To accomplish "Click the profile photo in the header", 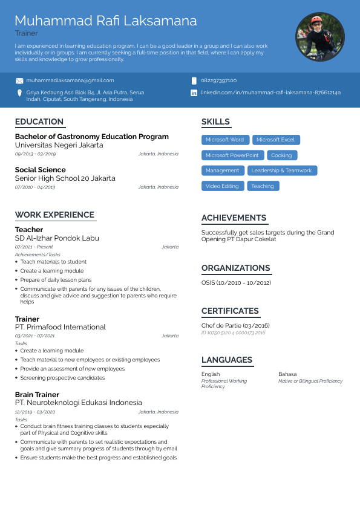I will pos(320,37).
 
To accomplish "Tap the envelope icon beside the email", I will pos(19,80).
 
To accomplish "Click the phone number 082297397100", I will pos(218,80).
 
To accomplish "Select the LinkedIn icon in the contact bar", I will pos(194,92).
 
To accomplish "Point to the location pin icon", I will pos(19,92).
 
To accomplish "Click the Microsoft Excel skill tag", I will pos(275,140).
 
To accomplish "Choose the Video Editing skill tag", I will pos(222,186).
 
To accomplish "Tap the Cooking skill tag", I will pos(281,155).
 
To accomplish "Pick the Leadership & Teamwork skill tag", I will pos(281,170).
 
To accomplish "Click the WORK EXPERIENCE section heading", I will pos(54,215).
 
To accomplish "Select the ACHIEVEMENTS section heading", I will pos(234,218).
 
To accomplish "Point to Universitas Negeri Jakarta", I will pos(59,145).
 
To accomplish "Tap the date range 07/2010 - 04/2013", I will pos(35,187).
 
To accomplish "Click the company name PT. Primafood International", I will pos(60,327).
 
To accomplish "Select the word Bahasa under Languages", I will pos(287,374).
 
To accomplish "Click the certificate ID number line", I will pos(233,333).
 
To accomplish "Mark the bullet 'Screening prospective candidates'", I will pos(62,378).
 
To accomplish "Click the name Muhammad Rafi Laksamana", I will pos(106,21).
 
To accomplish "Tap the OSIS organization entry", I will pos(235,283).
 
